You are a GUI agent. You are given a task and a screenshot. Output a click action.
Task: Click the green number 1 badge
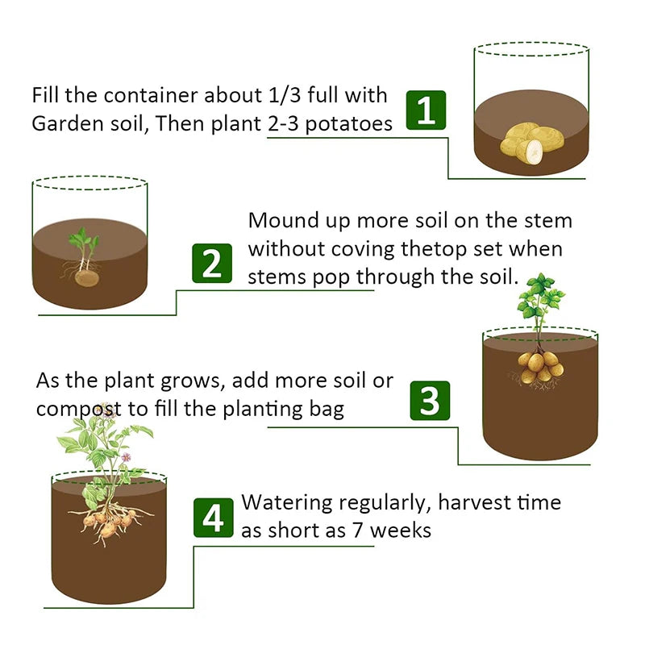(x=426, y=110)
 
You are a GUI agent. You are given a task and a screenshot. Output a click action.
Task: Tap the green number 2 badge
(x=212, y=263)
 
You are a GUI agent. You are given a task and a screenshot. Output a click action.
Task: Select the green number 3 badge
(x=430, y=399)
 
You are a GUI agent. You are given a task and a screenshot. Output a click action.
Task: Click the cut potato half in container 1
(x=532, y=150)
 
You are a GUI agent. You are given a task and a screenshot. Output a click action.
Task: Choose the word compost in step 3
(x=81, y=408)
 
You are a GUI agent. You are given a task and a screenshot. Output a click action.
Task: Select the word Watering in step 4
(x=287, y=503)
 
